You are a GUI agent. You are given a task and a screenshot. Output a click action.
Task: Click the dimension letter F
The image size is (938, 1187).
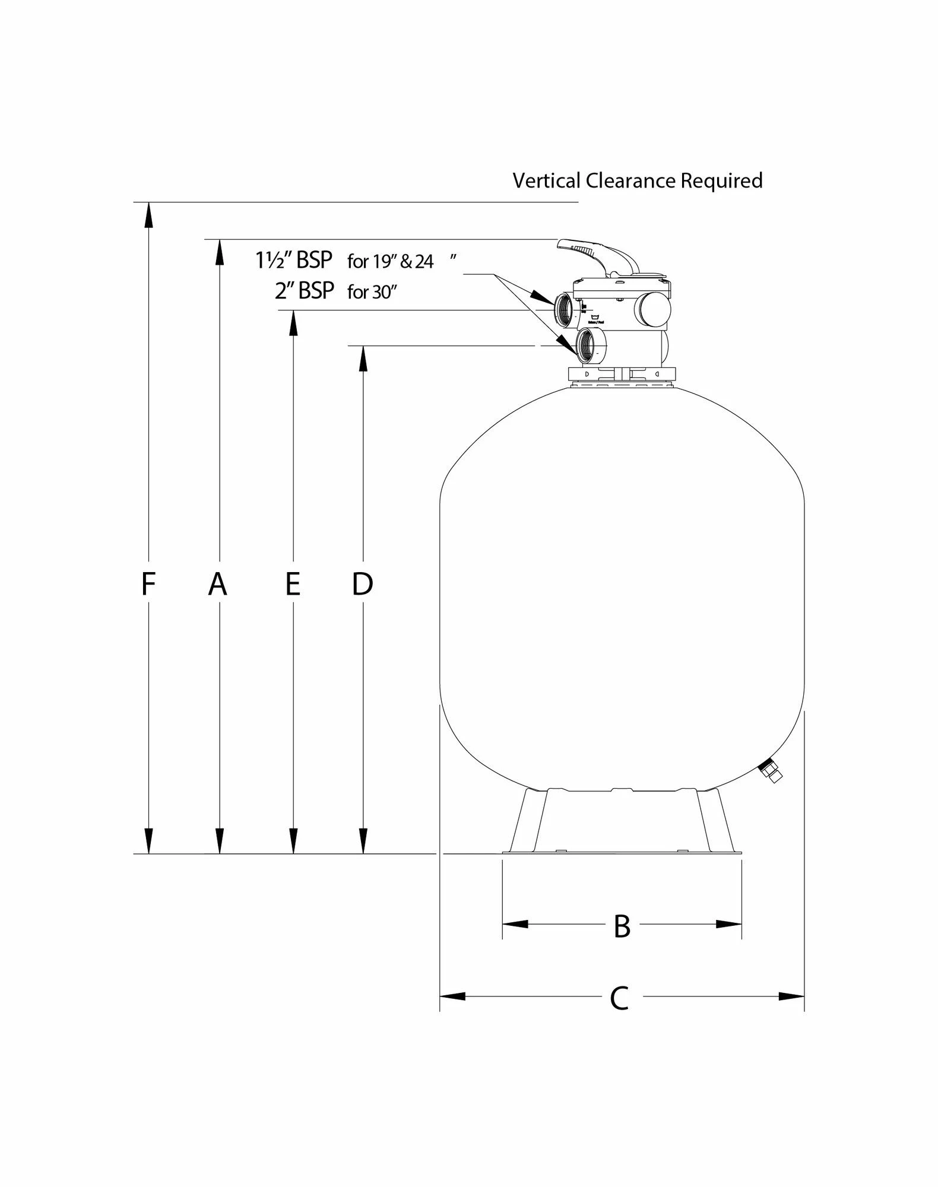[148, 584]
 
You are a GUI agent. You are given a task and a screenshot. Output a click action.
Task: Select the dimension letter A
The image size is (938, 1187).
[218, 584]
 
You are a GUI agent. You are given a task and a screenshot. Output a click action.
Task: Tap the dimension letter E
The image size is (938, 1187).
[292, 584]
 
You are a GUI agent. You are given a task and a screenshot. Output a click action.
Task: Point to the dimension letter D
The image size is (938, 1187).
[362, 584]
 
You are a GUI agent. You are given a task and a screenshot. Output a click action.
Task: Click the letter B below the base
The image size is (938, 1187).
[622, 926]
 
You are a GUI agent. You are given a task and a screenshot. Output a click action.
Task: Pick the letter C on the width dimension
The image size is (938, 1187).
[619, 998]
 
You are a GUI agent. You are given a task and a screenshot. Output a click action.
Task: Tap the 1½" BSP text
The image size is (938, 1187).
[294, 261]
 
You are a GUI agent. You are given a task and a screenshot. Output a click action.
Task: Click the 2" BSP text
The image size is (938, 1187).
[305, 291]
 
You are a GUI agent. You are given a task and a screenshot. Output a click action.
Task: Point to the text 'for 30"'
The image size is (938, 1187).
[372, 292]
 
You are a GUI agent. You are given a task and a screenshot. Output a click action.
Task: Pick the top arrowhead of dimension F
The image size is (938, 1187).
[148, 214]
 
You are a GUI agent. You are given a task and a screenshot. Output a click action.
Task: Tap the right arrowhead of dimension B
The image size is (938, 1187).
[729, 924]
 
